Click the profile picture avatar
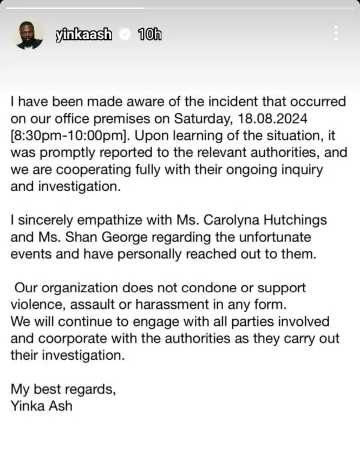tap(28, 35)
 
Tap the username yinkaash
tap(84, 35)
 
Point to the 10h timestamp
tap(150, 35)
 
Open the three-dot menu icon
tap(337, 33)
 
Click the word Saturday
tap(198, 119)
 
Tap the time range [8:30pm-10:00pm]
tap(66, 136)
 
